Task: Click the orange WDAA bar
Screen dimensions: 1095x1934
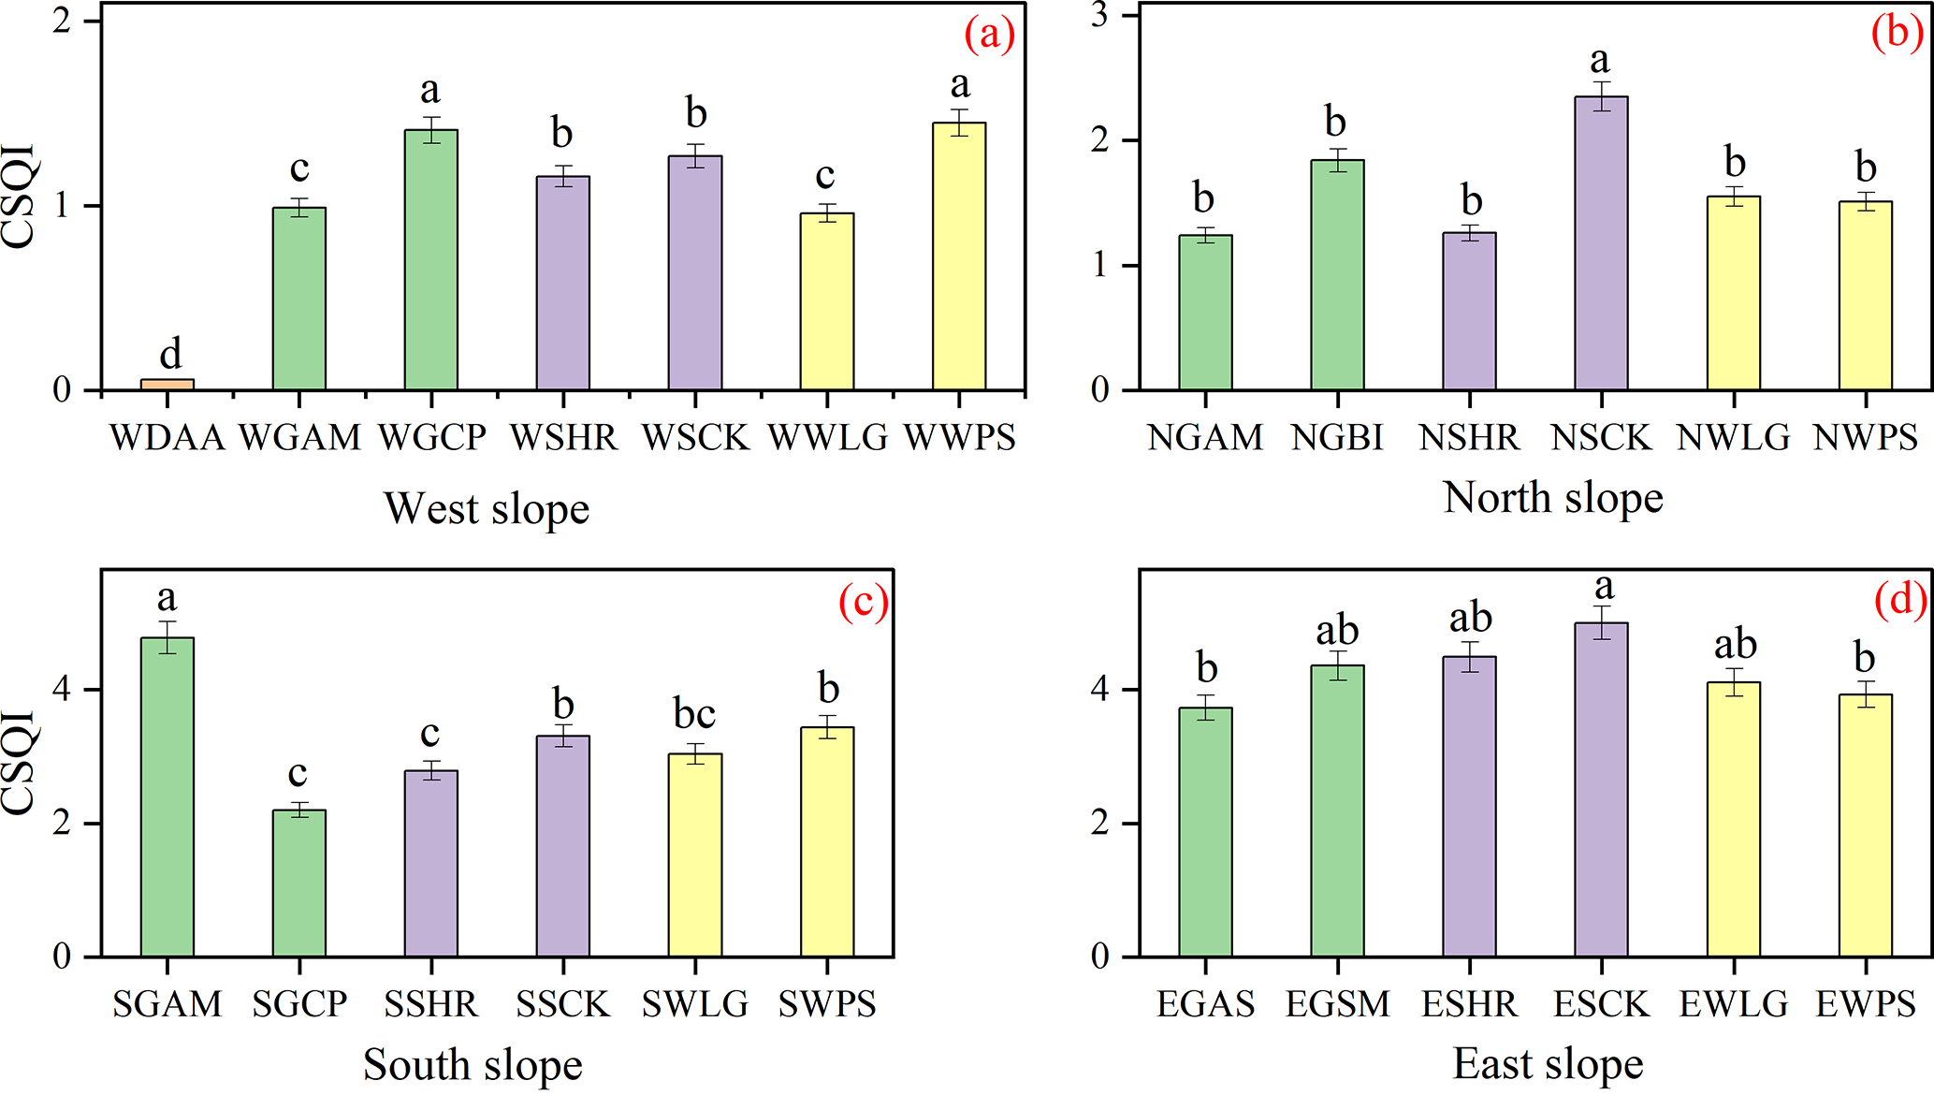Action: (x=167, y=384)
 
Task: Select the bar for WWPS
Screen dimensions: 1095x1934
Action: (x=959, y=257)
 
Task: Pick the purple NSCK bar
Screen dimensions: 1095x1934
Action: (x=1601, y=243)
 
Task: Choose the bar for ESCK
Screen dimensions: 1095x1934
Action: (x=1601, y=790)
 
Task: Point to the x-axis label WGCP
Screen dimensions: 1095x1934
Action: (x=432, y=438)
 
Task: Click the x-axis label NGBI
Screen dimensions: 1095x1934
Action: (x=1337, y=438)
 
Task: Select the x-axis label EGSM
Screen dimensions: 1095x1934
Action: (x=1337, y=1005)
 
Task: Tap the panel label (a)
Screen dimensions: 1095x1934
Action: (x=989, y=35)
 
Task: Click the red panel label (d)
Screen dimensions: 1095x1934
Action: (x=1900, y=600)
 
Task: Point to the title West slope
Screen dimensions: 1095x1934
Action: (x=487, y=509)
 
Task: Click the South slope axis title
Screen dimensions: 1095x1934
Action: (x=473, y=1065)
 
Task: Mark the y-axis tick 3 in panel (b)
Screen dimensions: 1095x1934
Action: (x=1100, y=16)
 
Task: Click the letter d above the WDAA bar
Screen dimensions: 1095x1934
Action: (x=170, y=354)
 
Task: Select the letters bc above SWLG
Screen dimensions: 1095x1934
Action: (x=694, y=714)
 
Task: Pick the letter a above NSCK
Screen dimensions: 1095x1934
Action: (x=1600, y=61)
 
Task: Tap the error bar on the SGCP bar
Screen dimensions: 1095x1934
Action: (x=299, y=810)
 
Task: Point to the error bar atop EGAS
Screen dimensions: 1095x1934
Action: (x=1205, y=708)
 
